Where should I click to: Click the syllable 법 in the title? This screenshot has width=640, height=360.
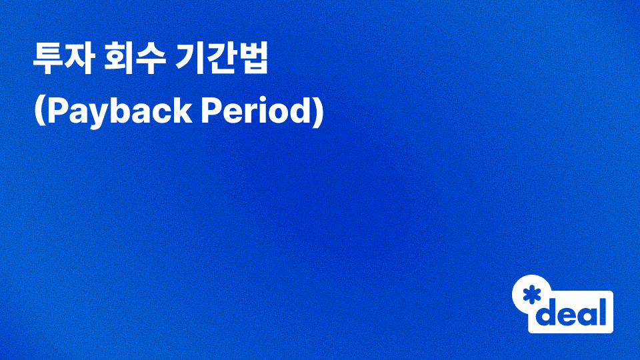click(x=254, y=61)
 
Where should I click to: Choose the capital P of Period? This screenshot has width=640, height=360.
click(x=209, y=112)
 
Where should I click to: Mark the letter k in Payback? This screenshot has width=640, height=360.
click(x=181, y=112)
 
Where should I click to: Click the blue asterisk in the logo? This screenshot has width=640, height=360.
click(x=531, y=295)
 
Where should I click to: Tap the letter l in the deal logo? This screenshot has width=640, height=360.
click(x=604, y=311)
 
